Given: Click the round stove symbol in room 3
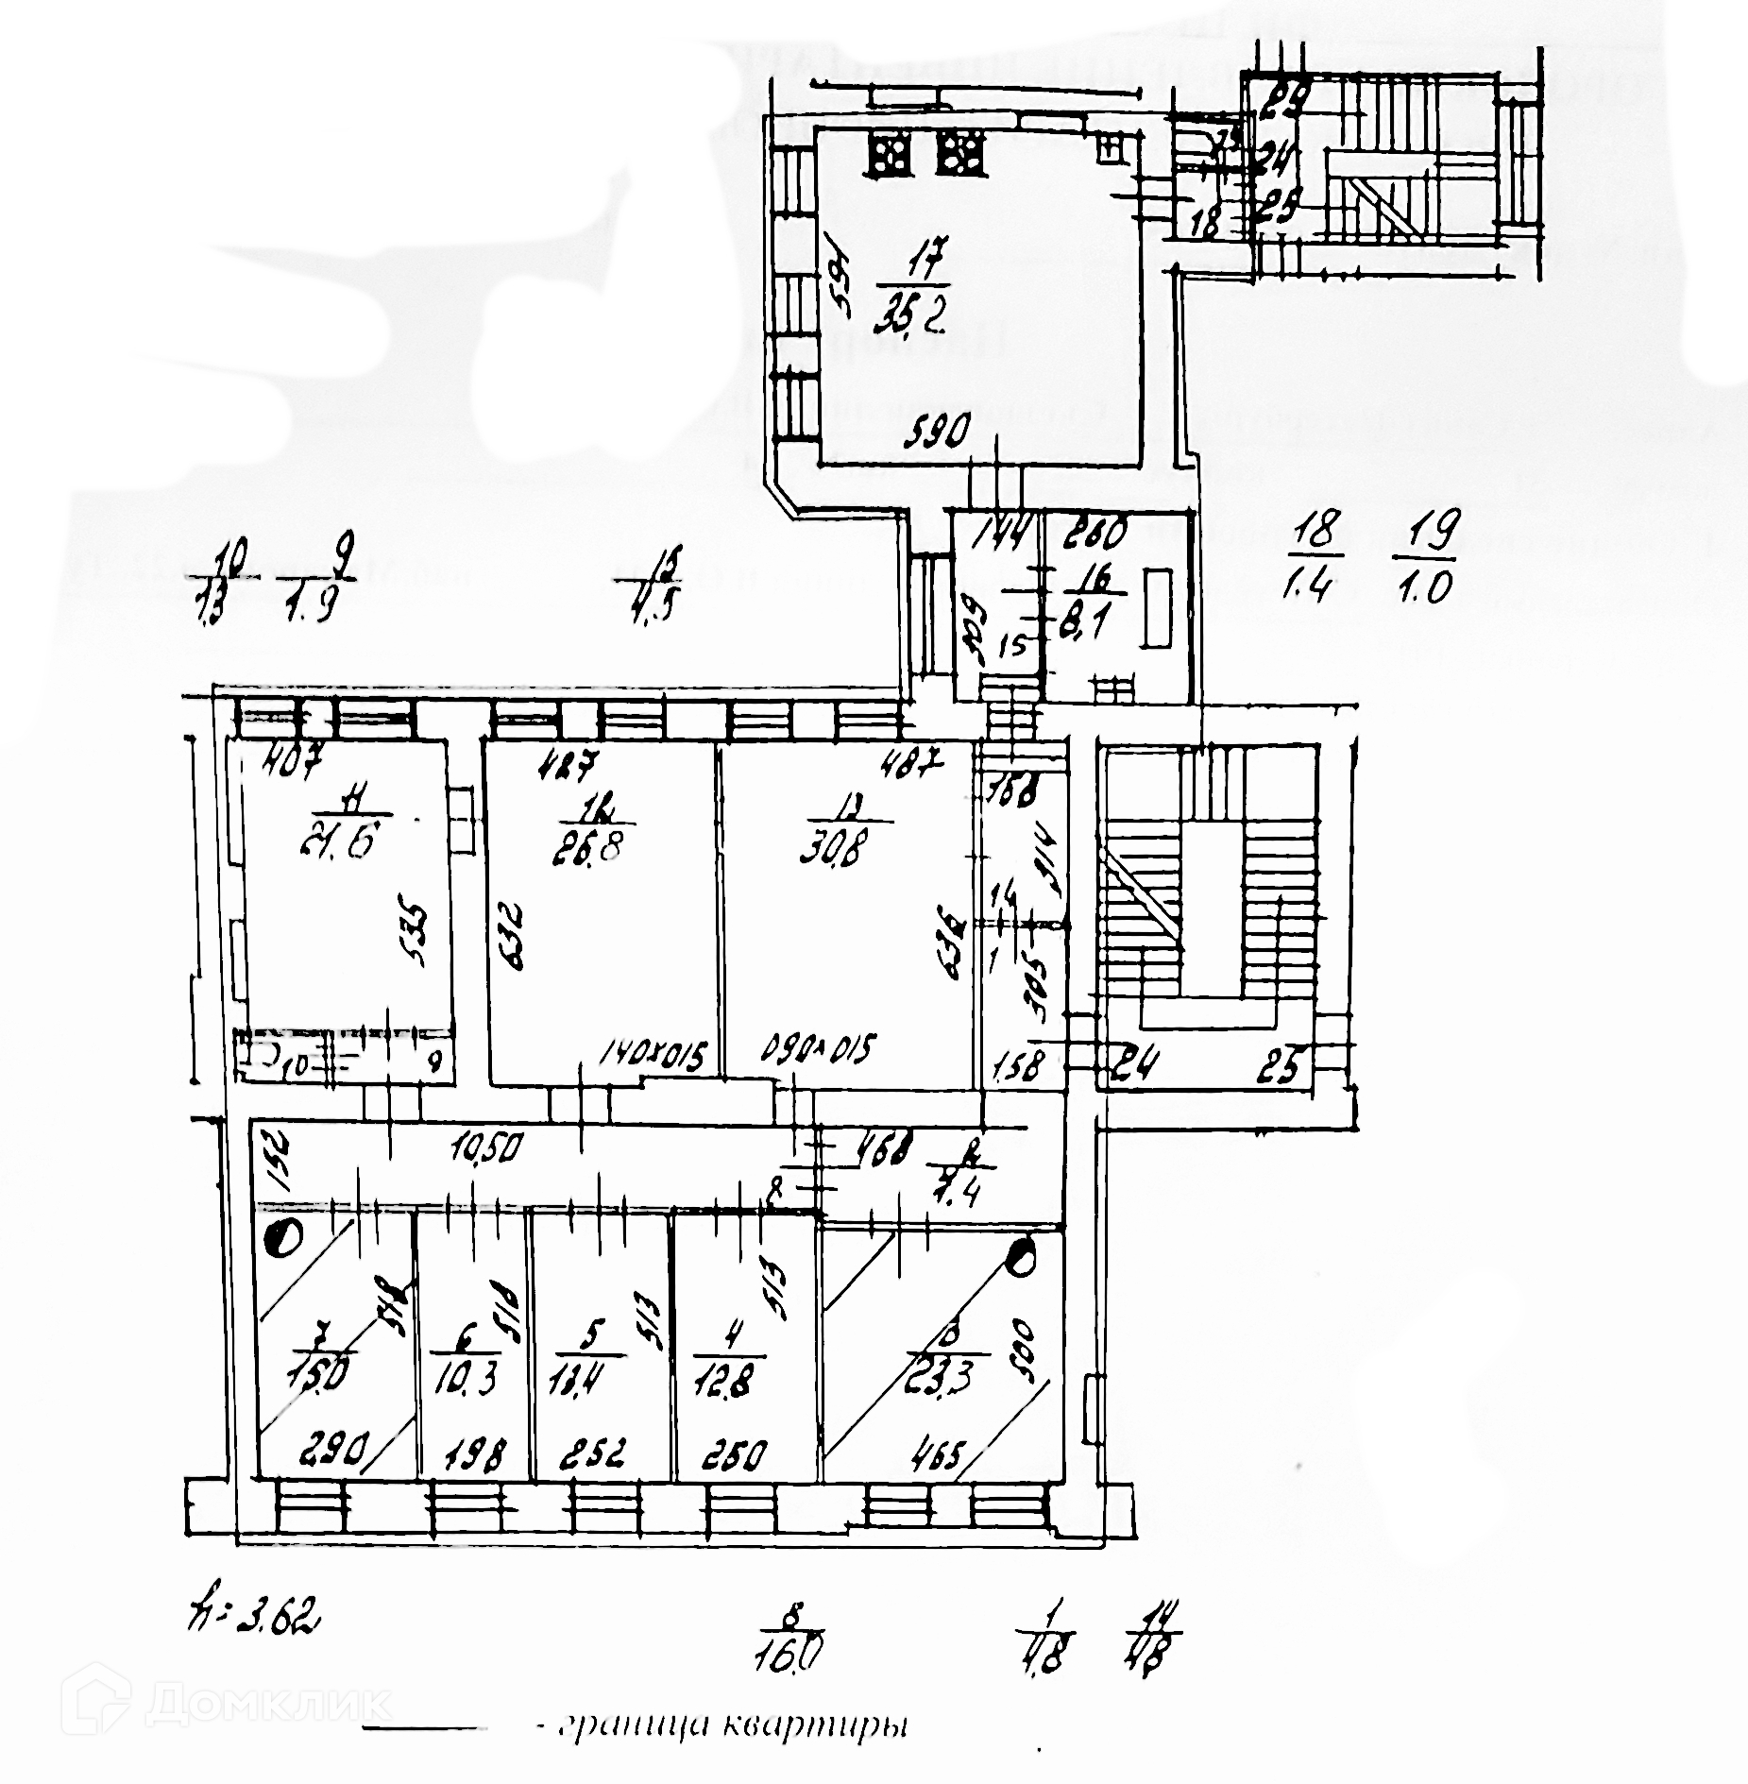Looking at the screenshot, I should [1021, 1255].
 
